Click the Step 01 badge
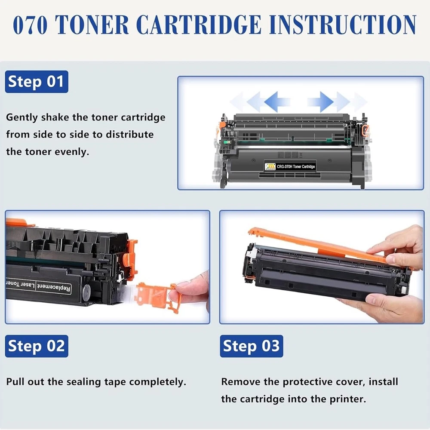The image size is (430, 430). (37, 81)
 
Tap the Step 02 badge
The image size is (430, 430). (37, 346)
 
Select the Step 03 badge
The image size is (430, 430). (252, 346)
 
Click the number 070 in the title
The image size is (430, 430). (30, 25)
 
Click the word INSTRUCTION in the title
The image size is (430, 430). (343, 25)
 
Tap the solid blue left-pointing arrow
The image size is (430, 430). (277, 102)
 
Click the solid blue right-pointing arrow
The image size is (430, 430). (320, 102)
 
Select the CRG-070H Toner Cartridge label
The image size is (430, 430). (290, 166)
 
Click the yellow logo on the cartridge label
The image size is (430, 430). (270, 166)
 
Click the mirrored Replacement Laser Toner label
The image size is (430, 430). (38, 286)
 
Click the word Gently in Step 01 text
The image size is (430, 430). (21, 118)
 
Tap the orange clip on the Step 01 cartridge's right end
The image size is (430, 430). (365, 130)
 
